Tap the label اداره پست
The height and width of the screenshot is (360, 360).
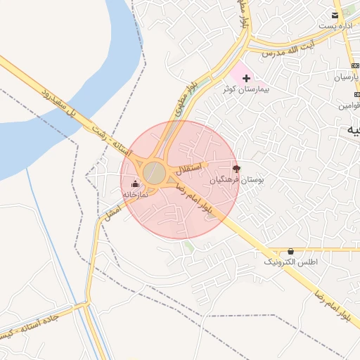334,26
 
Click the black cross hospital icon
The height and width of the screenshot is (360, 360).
246,77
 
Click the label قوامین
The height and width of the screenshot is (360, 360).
349,105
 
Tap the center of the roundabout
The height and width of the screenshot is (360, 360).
155,173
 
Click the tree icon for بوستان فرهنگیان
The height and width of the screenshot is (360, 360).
236,169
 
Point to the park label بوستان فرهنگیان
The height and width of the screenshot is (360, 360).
237,181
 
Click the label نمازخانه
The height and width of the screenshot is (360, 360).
135,194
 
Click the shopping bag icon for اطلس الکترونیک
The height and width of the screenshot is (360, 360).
291,251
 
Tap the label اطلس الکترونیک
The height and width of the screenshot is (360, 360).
290,262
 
